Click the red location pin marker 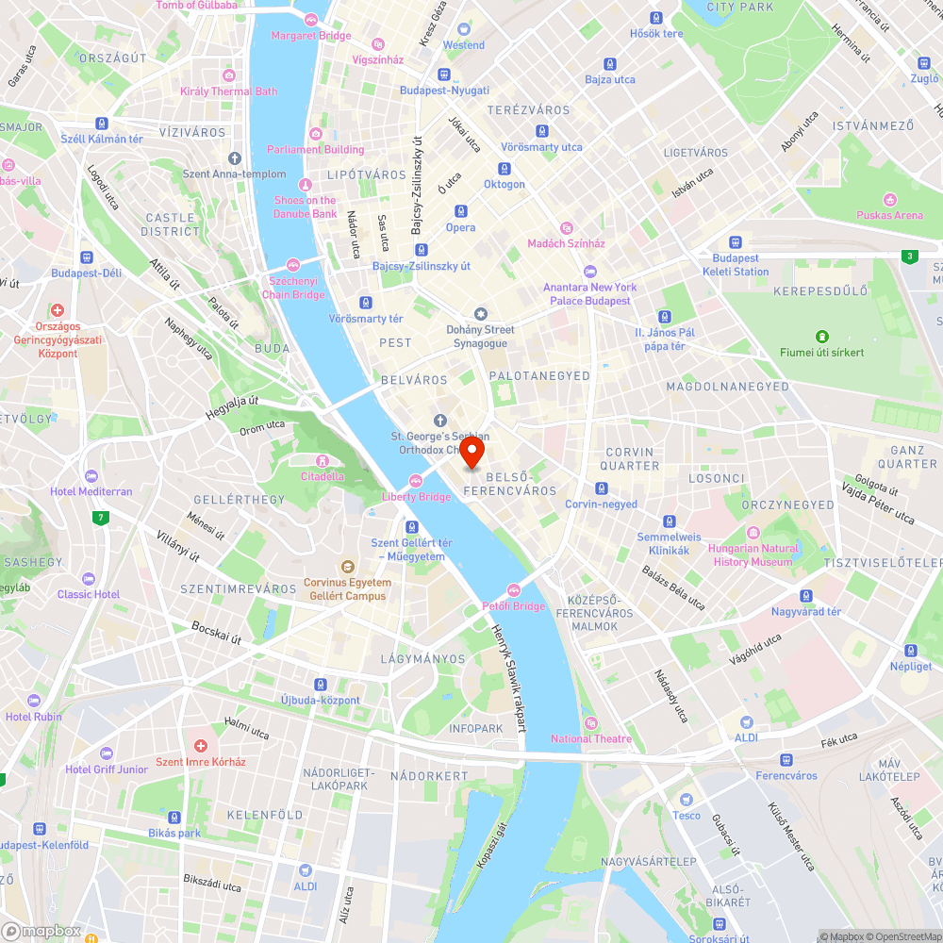pyautogui.click(x=472, y=452)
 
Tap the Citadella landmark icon pyautogui.click(x=323, y=461)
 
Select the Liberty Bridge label pyautogui.click(x=416, y=497)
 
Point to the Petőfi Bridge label pyautogui.click(x=514, y=606)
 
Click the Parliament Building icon pyautogui.click(x=315, y=134)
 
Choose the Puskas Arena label pyautogui.click(x=889, y=215)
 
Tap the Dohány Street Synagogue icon pyautogui.click(x=481, y=314)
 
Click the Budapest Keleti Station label pyautogui.click(x=736, y=265)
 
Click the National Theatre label pyautogui.click(x=591, y=738)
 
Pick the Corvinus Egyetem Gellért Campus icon pyautogui.click(x=347, y=568)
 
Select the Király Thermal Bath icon pyautogui.click(x=228, y=75)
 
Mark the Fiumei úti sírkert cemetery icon pyautogui.click(x=822, y=337)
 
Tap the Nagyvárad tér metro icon pyautogui.click(x=805, y=596)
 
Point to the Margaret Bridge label pyautogui.click(x=310, y=36)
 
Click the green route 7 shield pyautogui.click(x=101, y=518)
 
